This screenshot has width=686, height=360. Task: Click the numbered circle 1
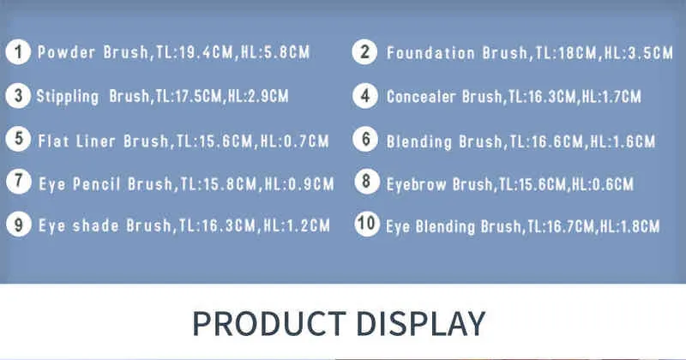(x=18, y=52)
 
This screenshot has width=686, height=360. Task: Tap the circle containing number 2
(x=364, y=52)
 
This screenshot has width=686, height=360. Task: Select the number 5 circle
(x=18, y=139)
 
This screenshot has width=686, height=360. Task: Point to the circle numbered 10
(x=367, y=224)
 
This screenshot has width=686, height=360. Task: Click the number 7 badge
(x=19, y=181)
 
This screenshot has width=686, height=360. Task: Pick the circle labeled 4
(x=365, y=96)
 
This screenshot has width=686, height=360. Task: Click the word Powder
(x=66, y=52)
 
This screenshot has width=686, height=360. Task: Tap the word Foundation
(x=430, y=53)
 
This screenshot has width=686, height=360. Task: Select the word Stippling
(x=68, y=97)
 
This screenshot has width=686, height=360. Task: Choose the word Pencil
(x=96, y=183)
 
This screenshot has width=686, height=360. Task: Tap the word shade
(x=95, y=225)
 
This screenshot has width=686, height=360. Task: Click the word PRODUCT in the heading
(x=269, y=324)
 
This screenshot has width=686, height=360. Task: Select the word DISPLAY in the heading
(x=421, y=324)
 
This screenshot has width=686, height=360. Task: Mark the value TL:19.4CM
(x=195, y=52)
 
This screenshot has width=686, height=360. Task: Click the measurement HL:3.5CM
(x=638, y=53)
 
